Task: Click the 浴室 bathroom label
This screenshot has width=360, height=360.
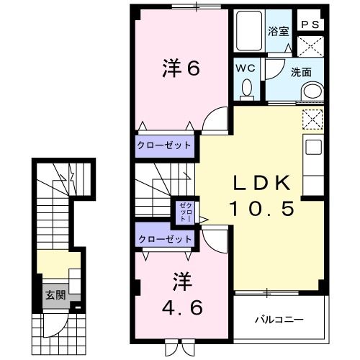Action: [x=278, y=31]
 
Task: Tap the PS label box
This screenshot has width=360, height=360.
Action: [x=311, y=24]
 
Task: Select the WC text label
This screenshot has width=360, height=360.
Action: [x=246, y=69]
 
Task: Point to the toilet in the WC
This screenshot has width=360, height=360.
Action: [x=247, y=89]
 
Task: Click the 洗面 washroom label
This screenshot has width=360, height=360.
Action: [x=300, y=73]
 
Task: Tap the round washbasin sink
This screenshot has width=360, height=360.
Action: [x=312, y=91]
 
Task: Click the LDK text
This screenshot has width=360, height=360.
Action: [x=261, y=181]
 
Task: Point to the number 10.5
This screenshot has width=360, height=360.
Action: [x=261, y=209]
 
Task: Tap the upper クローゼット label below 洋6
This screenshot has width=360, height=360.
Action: [x=165, y=145]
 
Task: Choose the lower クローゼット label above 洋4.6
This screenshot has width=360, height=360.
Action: [x=165, y=238]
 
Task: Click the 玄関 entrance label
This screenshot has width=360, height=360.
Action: [x=55, y=295]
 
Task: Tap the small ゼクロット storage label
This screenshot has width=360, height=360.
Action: [x=183, y=211]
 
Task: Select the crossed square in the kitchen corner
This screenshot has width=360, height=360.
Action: [x=312, y=118]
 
